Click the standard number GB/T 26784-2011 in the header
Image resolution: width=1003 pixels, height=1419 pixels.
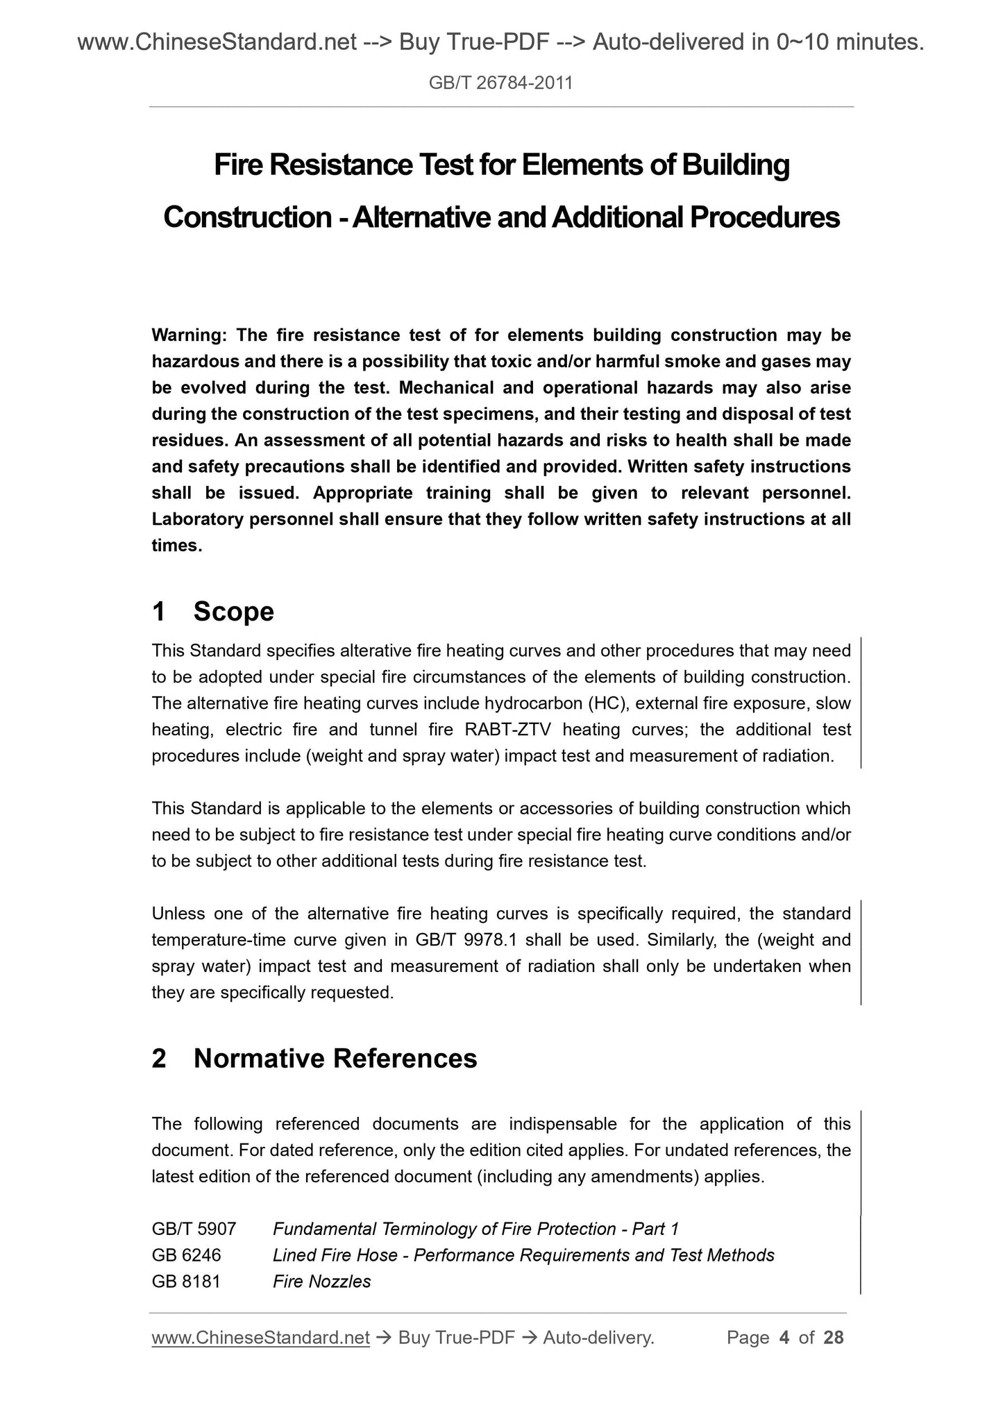[500, 83]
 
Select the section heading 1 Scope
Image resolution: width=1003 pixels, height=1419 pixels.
[212, 612]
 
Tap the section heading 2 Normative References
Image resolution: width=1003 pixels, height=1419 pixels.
[314, 1058]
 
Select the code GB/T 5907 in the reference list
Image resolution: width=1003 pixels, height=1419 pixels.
[194, 1229]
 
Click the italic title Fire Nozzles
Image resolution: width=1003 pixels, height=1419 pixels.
[322, 1282]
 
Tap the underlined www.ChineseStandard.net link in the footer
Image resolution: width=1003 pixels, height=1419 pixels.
[260, 1338]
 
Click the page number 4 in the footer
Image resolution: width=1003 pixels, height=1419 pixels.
[784, 1338]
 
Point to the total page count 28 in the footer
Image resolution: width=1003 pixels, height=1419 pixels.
[833, 1338]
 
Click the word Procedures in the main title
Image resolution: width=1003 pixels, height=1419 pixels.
[764, 217]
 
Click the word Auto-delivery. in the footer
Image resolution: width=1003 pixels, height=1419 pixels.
[598, 1338]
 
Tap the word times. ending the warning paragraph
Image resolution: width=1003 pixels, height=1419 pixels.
[177, 546]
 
